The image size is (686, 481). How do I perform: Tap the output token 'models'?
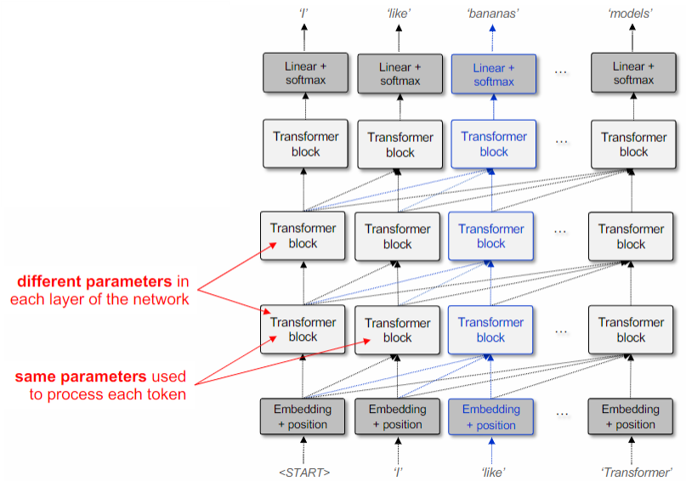click(x=632, y=14)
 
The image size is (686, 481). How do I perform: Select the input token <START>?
click(x=303, y=473)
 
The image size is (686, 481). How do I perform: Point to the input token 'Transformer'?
click(x=635, y=473)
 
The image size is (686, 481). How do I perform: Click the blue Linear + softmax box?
click(x=494, y=75)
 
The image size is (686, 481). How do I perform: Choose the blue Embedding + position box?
click(x=490, y=416)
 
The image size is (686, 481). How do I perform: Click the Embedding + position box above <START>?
click(x=303, y=416)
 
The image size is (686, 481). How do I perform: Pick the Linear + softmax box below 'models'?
click(x=633, y=73)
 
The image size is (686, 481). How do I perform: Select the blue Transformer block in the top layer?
click(x=494, y=144)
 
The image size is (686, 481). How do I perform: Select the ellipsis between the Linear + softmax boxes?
click(x=560, y=72)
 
